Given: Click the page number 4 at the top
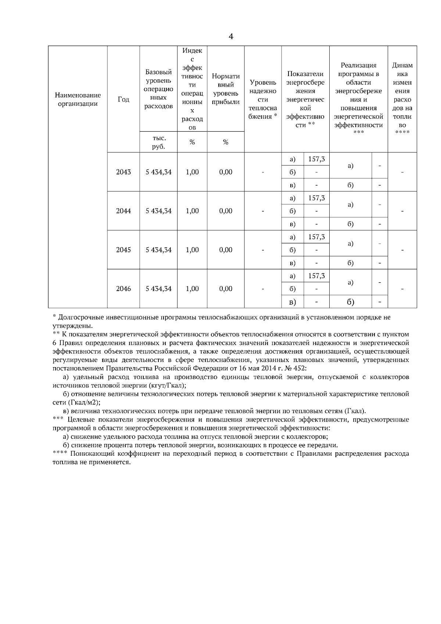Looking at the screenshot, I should [231, 36].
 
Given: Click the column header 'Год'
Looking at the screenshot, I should [123, 100].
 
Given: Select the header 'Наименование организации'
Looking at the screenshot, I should [78, 100].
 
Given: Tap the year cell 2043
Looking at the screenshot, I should [123, 172].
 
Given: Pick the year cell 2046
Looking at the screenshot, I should [123, 289].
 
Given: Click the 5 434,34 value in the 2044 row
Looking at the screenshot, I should [158, 211].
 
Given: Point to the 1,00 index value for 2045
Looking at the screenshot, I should [192, 250].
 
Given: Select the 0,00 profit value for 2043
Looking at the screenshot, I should [226, 172].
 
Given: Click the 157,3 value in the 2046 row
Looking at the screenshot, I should [316, 276].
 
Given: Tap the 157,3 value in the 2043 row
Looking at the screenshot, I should [316, 159].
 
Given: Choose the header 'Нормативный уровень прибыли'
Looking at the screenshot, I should [226, 89].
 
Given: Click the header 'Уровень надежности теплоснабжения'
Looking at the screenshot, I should [263, 100].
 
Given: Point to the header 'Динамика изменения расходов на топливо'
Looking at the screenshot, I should [402, 100].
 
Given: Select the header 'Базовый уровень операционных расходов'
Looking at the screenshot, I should [158, 89].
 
